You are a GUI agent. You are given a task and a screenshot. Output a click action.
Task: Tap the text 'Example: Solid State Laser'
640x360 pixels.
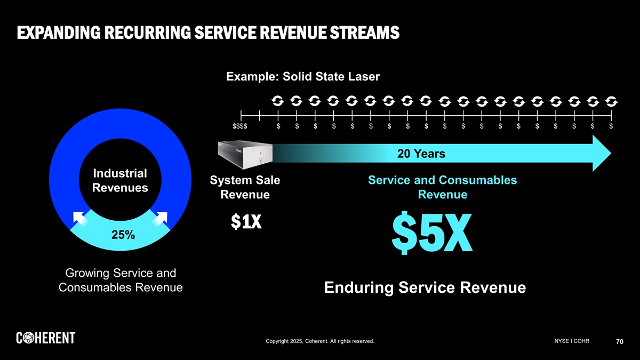click(x=303, y=77)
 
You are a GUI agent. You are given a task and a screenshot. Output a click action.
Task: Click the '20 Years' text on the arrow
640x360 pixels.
click(x=422, y=154)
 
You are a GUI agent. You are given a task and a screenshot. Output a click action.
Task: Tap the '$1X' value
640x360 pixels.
click(x=245, y=222)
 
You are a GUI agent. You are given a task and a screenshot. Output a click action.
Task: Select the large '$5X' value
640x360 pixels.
click(x=433, y=233)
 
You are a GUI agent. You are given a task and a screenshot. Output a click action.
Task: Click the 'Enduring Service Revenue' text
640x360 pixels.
click(x=425, y=288)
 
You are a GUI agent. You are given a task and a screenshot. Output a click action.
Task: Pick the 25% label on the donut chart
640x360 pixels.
click(x=123, y=235)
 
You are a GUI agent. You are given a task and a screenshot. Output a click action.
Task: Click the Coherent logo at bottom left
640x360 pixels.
click(x=46, y=338)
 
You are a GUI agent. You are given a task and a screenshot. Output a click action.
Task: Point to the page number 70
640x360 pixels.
click(x=619, y=342)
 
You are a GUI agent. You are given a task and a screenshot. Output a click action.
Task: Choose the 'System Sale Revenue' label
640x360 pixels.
click(x=245, y=188)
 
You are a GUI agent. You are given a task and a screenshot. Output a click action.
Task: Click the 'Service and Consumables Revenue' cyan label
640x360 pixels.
click(x=443, y=188)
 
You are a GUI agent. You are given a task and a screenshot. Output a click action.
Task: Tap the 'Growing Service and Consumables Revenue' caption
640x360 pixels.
click(x=120, y=281)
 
